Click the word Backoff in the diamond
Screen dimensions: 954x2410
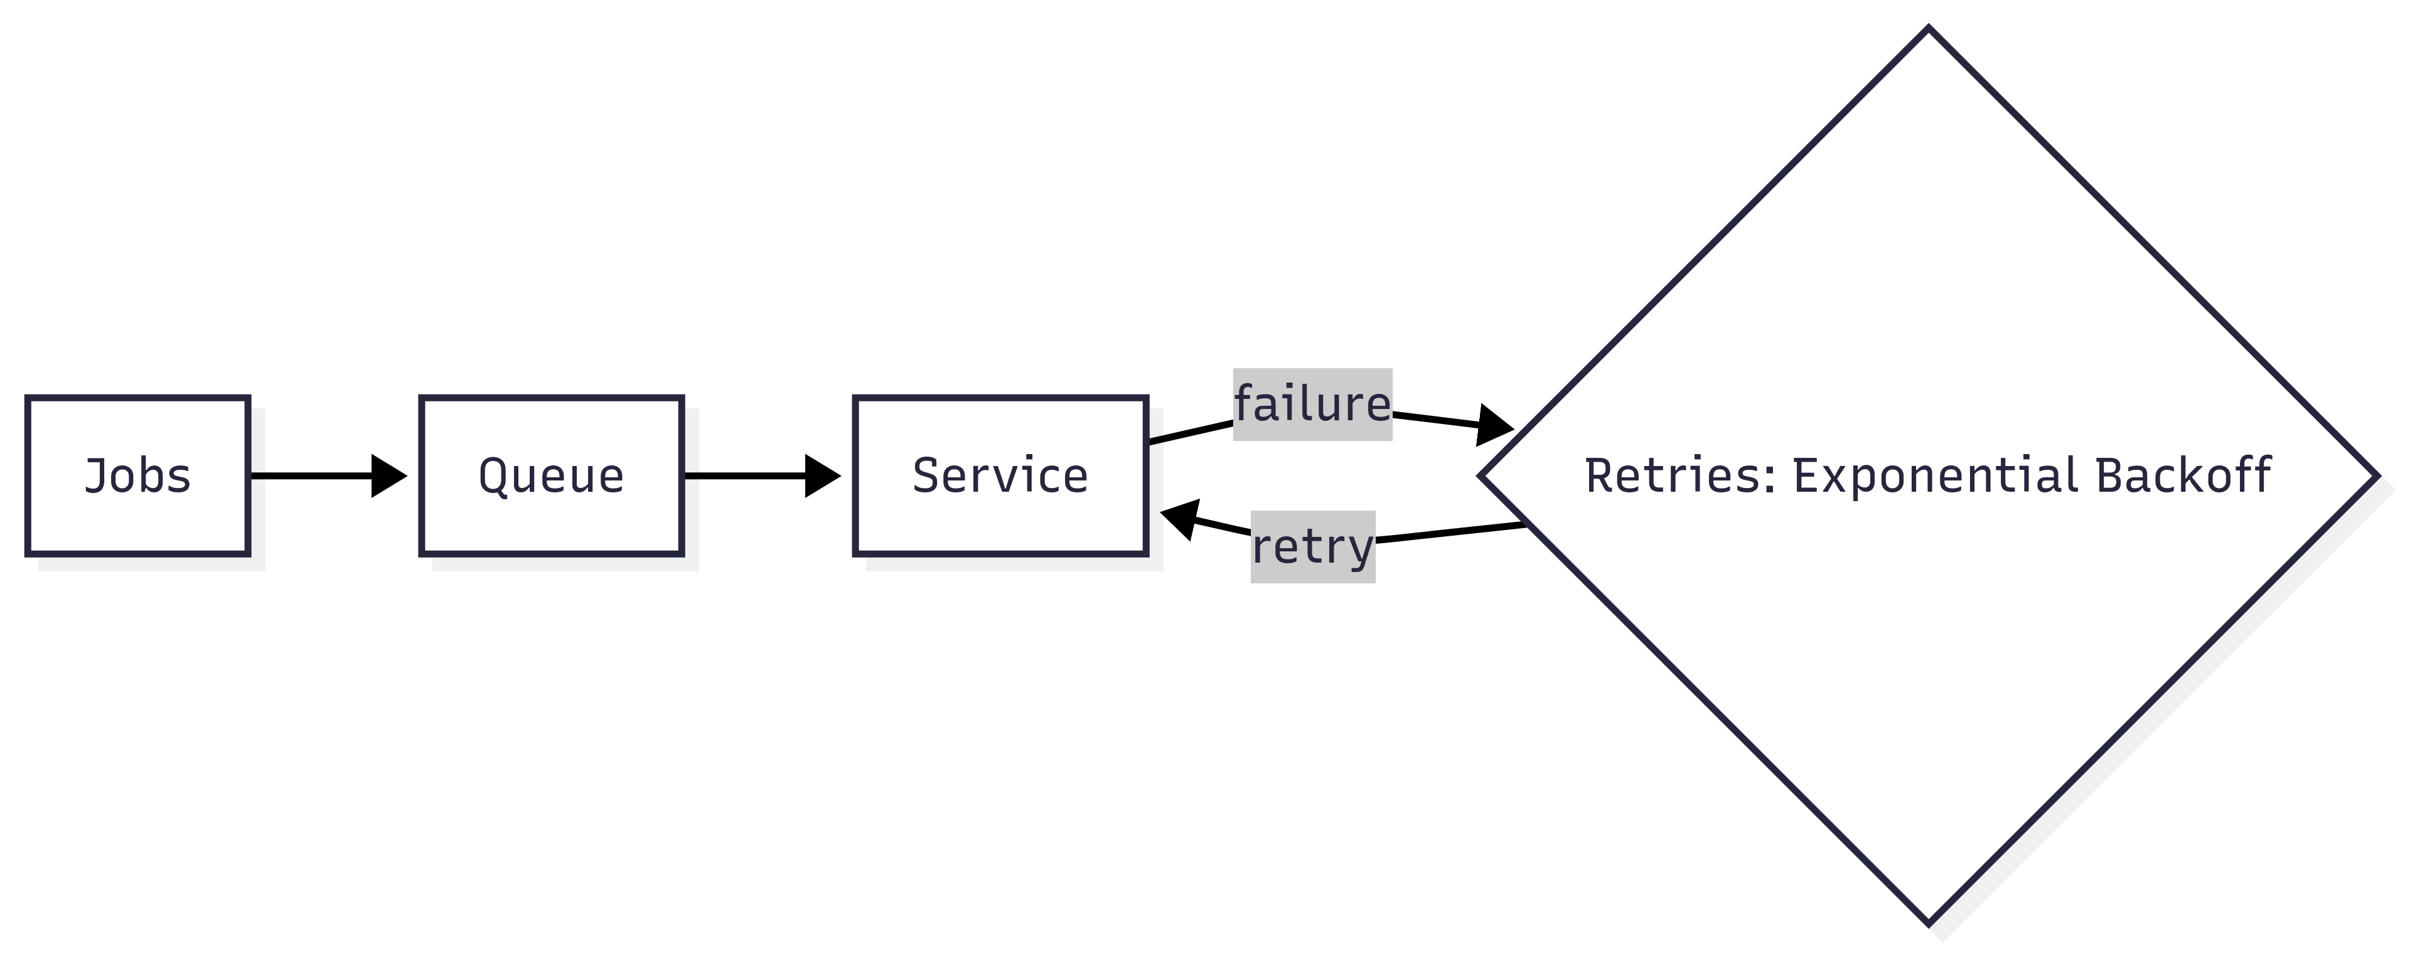click(x=2183, y=476)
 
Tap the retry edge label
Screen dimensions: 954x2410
click(x=1312, y=547)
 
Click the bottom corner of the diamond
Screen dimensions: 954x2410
click(x=1929, y=923)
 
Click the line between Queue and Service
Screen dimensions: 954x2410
click(x=744, y=476)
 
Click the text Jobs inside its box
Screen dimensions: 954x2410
click(x=137, y=476)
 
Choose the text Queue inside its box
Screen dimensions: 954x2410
click(x=552, y=476)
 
